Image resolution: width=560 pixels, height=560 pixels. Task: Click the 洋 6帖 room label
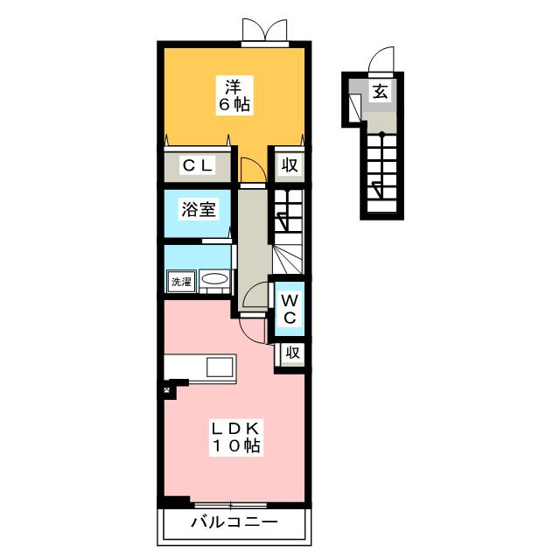[234, 95]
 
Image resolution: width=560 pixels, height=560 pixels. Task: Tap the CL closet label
[198, 165]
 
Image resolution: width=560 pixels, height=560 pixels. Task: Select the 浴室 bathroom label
[199, 209]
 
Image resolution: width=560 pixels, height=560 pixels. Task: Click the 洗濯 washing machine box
[182, 282]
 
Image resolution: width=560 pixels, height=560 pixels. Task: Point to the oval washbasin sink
[213, 278]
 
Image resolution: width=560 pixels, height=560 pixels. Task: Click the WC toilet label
[290, 309]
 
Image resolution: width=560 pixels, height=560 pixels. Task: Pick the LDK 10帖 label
[236, 437]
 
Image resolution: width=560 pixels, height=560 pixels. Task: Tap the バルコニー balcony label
[234, 522]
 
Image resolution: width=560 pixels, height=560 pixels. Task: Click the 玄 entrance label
[381, 92]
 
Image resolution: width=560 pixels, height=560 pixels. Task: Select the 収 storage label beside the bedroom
[290, 165]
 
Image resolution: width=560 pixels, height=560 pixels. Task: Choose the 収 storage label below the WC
[292, 353]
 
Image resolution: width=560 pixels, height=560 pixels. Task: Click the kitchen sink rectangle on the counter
[220, 367]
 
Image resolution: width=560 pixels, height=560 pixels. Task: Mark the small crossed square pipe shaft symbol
[167, 390]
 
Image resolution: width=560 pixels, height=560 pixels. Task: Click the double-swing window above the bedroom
[264, 30]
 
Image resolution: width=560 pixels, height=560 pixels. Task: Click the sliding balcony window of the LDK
[231, 506]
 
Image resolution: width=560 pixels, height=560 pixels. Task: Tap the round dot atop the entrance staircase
[381, 135]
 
